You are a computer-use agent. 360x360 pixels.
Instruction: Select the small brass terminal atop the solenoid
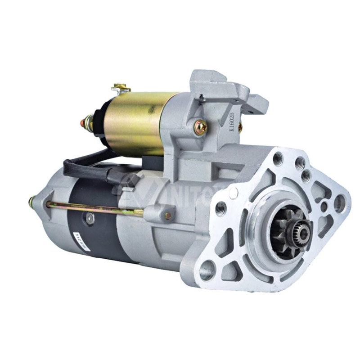point(121,87)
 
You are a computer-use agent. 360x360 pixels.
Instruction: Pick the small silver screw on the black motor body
point(89,219)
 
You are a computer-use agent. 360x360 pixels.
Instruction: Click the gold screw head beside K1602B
point(200,127)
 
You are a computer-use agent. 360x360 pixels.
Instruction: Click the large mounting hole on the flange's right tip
point(340,203)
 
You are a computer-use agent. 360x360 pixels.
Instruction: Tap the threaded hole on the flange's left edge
point(221,207)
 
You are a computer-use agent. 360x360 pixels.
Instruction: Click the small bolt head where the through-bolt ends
point(168,216)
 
